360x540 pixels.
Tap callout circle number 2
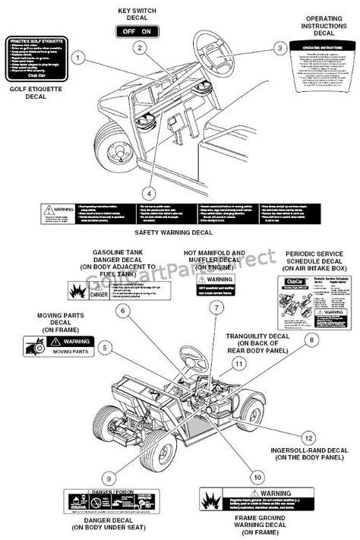point(141,47)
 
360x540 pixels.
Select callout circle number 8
point(310,340)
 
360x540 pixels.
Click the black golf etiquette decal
point(36,59)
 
